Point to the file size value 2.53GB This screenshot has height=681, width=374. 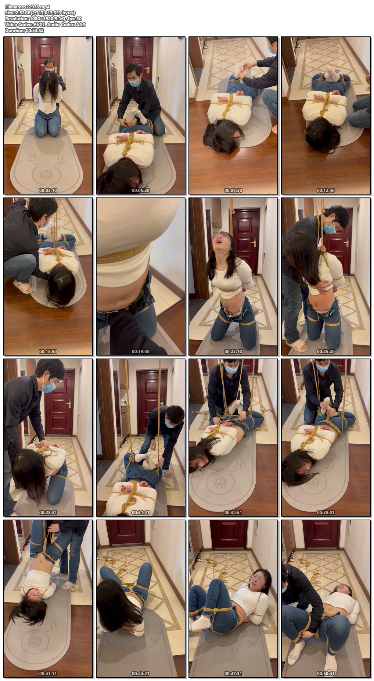(23, 13)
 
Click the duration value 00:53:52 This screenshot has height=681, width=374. (35, 31)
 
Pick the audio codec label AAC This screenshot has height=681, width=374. (81, 25)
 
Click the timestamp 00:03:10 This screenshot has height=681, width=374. (48, 190)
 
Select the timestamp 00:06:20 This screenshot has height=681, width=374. (141, 190)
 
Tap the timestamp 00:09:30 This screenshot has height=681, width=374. (233, 190)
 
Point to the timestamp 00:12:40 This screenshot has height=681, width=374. (326, 190)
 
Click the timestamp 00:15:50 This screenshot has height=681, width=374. (48, 352)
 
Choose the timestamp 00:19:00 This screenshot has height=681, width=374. (141, 352)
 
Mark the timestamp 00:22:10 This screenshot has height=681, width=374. (233, 352)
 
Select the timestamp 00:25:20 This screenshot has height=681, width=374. (326, 352)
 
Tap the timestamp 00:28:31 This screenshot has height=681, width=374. (48, 513)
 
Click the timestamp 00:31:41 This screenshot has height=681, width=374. (141, 513)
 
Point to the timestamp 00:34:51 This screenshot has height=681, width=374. (233, 513)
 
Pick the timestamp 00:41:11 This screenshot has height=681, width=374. (48, 674)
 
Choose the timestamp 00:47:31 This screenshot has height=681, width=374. (233, 674)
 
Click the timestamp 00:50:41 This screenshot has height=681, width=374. (326, 674)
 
